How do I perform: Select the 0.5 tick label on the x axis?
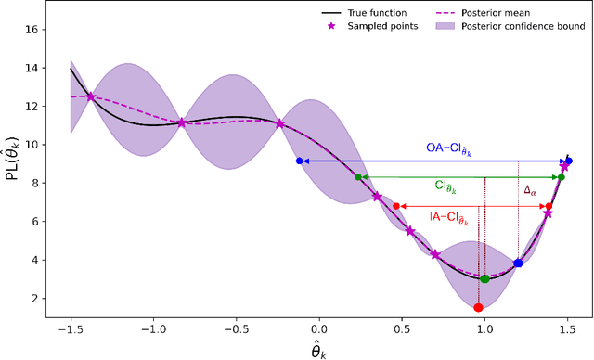[401, 329]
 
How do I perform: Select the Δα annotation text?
[531, 190]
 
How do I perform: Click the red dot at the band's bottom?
[478, 307]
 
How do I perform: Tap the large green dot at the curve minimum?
[484, 278]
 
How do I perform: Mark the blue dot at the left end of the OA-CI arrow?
[299, 161]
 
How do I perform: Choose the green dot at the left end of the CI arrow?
[358, 176]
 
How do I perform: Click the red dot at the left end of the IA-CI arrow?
[396, 206]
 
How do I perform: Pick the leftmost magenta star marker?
[90, 96]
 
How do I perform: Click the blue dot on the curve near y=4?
[518, 264]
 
